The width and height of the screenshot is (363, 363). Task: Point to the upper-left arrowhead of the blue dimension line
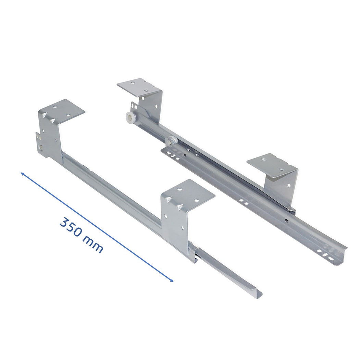pyautogui.click(x=23, y=174)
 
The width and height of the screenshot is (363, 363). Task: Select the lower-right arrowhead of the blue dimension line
pyautogui.click(x=171, y=280)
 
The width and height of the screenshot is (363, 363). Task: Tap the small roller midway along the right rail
pyautogui.click(x=172, y=140)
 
